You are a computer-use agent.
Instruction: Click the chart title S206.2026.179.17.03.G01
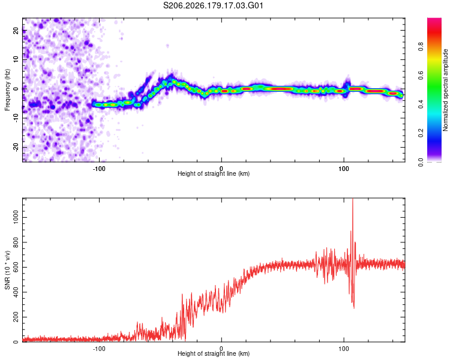click(213, 5)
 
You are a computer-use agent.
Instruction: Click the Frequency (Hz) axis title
click(7, 90)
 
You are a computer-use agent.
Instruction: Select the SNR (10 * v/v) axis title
click(7, 270)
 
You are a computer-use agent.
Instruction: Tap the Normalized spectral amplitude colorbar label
click(445, 90)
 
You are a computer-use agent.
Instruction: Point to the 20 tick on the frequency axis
click(16, 30)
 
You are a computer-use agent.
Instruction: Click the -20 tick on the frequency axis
click(16, 147)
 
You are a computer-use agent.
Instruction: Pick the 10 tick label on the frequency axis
click(16, 59)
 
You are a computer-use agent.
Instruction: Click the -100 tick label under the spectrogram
click(99, 169)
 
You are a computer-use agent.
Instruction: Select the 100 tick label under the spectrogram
click(344, 169)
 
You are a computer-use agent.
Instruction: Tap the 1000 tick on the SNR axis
click(16, 217)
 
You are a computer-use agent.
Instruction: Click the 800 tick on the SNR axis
click(16, 242)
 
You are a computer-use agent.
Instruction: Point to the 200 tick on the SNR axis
click(16, 317)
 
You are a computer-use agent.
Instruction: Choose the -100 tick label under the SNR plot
click(99, 349)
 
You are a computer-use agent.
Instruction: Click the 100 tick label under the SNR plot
click(344, 349)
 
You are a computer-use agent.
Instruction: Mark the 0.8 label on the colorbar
click(421, 46)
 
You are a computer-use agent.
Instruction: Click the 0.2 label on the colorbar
click(421, 133)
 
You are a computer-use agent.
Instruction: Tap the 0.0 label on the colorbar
click(421, 162)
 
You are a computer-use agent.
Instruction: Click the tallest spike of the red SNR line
click(353, 200)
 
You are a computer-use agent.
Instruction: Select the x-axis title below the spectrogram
click(214, 173)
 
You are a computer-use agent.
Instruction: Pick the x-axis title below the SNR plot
click(214, 353)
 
